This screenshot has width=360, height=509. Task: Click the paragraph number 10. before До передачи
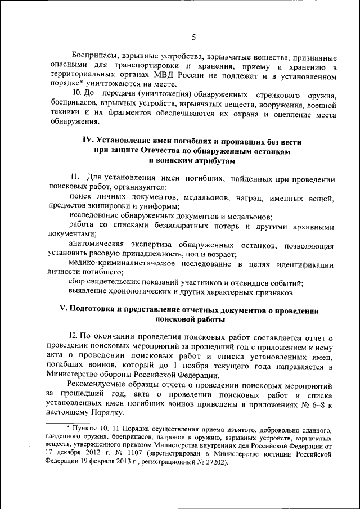[x=79, y=94]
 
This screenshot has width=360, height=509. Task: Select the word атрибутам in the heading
[x=207, y=161]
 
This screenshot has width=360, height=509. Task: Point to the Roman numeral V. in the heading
[x=64, y=310]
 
